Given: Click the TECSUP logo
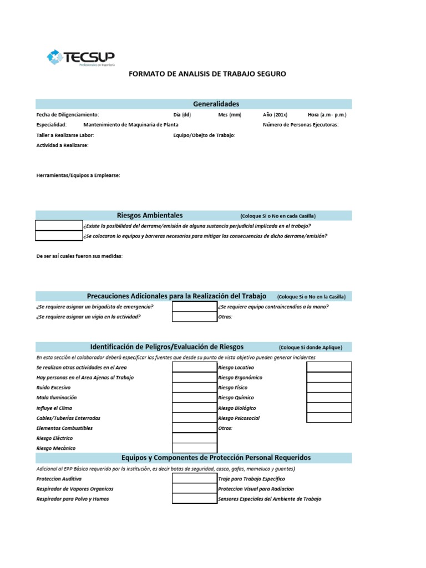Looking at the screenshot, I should [80, 57].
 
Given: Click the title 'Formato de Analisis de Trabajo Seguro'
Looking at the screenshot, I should [207, 74].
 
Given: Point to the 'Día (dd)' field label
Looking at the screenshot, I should [182, 115].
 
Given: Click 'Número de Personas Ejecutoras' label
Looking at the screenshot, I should [300, 125].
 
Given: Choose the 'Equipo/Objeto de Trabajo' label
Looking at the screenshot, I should [204, 135].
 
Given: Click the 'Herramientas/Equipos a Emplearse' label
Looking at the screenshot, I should [78, 175].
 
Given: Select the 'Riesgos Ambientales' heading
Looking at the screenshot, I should [150, 215].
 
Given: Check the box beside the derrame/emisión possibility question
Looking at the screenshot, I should [59, 226].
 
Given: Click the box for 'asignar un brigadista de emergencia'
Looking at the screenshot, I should [195, 307].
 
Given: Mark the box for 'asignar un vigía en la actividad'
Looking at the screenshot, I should [195, 317].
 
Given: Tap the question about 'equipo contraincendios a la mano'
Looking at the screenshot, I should [273, 307].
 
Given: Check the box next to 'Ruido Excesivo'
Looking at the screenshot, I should [195, 388].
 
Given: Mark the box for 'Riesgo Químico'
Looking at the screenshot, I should [329, 398].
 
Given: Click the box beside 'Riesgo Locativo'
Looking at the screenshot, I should [329, 367].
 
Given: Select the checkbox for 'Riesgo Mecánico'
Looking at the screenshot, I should [195, 448].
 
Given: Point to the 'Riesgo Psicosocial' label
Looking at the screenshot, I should [239, 418].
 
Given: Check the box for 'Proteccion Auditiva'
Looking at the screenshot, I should [195, 478].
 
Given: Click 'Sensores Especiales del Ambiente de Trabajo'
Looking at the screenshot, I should [270, 499].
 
